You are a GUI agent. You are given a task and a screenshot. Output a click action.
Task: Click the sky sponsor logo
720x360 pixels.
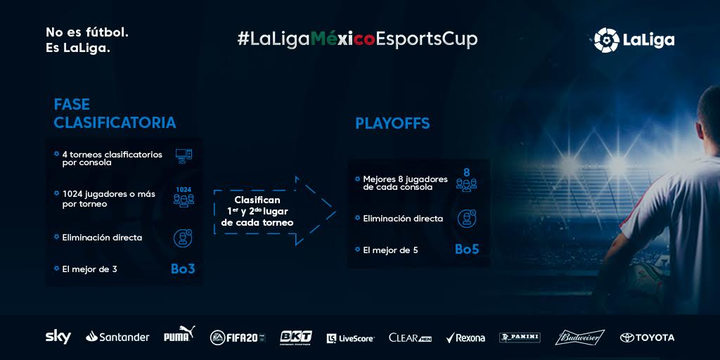(x=58, y=337)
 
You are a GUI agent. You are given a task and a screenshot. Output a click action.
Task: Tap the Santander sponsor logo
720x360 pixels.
(x=117, y=337)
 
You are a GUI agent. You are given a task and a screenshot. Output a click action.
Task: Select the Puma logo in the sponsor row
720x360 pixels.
(x=179, y=334)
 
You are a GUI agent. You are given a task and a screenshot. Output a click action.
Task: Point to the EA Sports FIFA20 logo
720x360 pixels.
(x=238, y=337)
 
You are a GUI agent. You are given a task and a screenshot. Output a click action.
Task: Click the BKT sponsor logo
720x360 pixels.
(x=296, y=337)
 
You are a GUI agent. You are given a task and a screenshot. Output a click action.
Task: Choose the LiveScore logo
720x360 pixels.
(x=350, y=339)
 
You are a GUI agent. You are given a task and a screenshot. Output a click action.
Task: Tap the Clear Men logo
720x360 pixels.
(x=410, y=338)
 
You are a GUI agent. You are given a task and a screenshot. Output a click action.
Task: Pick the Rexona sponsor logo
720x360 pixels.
(x=465, y=338)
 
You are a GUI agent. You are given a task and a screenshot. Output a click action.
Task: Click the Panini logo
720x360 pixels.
(x=520, y=338)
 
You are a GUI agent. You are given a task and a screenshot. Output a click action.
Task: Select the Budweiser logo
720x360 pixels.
(x=580, y=337)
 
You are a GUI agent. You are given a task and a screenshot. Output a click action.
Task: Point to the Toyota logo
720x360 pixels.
(x=647, y=338)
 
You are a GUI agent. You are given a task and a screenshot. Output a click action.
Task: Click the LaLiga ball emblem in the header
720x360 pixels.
(x=606, y=40)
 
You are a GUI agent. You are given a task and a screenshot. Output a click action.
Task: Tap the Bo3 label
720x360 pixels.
(x=183, y=269)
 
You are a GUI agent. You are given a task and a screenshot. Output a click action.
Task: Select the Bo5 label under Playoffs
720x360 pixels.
(x=467, y=249)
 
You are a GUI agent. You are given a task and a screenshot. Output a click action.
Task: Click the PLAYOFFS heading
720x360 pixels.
(x=392, y=124)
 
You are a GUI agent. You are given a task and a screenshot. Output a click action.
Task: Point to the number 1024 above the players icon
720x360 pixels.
(x=184, y=189)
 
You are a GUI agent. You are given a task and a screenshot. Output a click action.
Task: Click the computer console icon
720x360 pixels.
(x=184, y=156)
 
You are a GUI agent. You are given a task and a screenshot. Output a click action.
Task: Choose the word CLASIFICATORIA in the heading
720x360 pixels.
(x=115, y=122)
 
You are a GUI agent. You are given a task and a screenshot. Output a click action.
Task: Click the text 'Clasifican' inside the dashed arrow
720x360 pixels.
(x=257, y=200)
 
